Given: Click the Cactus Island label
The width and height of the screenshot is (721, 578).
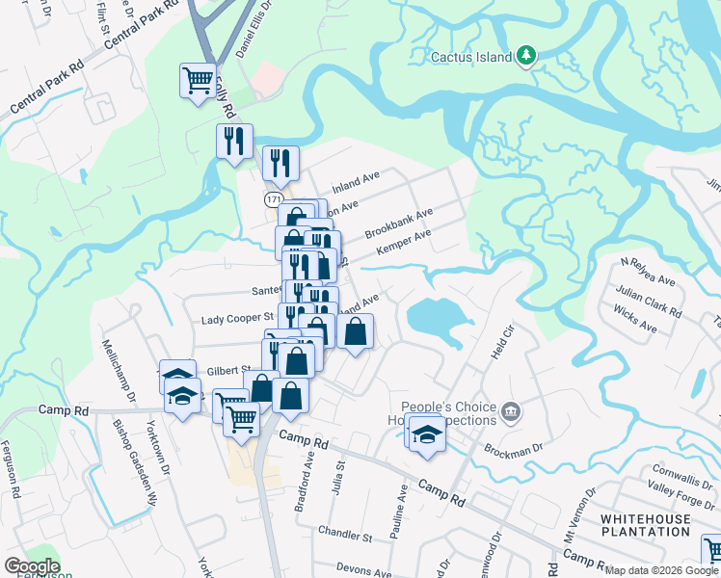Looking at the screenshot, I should coord(471,57).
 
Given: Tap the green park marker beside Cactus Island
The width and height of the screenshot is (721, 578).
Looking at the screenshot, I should coord(525,56).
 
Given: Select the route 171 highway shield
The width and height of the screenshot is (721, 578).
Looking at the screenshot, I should coord(273,197).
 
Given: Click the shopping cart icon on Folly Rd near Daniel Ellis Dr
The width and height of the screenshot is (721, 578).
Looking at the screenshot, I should coord(198,79).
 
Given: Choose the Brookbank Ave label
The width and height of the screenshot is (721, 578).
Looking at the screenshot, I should coord(399,224).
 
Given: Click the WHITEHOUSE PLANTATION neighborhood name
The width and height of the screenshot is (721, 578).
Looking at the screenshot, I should coord(645,525).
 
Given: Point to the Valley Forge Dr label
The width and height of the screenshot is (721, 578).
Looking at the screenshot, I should coord(681,492).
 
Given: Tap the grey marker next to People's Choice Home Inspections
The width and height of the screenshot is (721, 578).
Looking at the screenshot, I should coord(511,413).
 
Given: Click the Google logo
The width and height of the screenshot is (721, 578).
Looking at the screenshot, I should coord(32,566).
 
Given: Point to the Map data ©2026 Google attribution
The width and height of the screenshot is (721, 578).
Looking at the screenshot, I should coord(661,570).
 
